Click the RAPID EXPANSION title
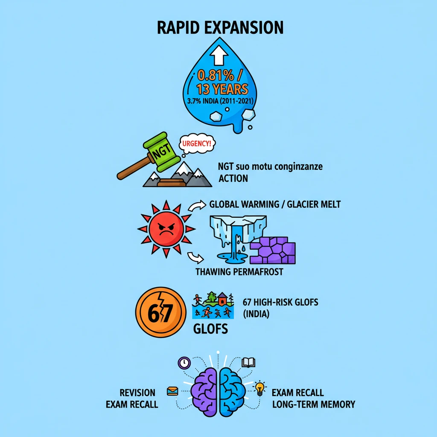point(220,27)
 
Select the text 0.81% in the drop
point(216,76)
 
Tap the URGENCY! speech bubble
point(196,144)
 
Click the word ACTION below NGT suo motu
point(233,178)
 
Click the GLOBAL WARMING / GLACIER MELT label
point(275,204)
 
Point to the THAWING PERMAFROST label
point(239,272)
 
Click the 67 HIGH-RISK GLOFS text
point(280,302)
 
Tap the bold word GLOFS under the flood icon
point(211,329)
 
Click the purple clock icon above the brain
point(184,363)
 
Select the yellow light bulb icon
point(259,388)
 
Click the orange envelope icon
point(172,391)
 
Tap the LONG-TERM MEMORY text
point(314,404)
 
